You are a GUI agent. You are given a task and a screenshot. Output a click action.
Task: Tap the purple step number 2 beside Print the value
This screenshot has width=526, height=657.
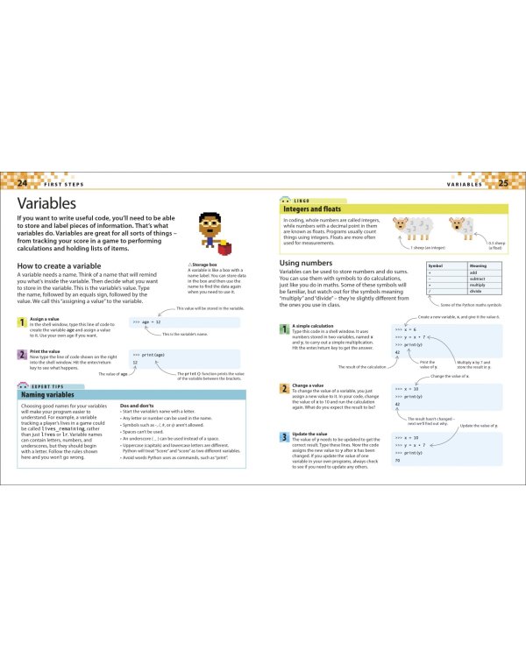22,354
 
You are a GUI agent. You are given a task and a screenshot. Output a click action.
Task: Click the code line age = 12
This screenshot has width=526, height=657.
146,321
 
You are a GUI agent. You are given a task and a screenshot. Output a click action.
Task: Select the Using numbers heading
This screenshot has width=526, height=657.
307,263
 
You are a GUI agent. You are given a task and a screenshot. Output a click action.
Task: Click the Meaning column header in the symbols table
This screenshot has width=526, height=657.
478,265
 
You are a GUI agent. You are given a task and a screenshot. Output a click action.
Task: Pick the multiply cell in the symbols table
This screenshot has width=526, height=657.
478,286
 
